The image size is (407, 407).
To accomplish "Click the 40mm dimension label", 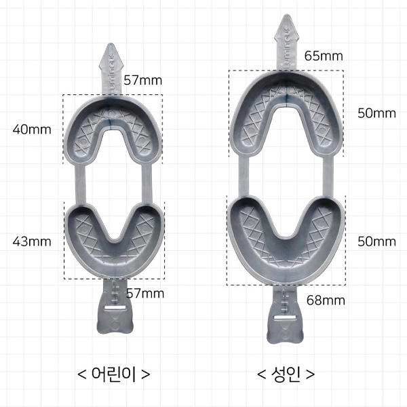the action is point(32,130).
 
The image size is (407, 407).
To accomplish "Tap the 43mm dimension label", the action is point(32,241).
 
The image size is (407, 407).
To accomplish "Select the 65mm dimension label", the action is point(324,56).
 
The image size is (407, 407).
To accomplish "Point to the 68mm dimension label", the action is point(326,301).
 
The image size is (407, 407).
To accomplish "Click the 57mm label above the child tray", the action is point(142,80).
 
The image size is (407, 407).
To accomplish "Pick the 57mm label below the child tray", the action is point(145,294).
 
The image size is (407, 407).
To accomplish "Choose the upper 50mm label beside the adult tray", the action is point(377,113).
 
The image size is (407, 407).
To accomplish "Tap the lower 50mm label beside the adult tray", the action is point(377,241).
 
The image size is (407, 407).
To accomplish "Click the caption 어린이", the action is point(114,374).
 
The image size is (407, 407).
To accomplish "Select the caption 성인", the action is point(286,374).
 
